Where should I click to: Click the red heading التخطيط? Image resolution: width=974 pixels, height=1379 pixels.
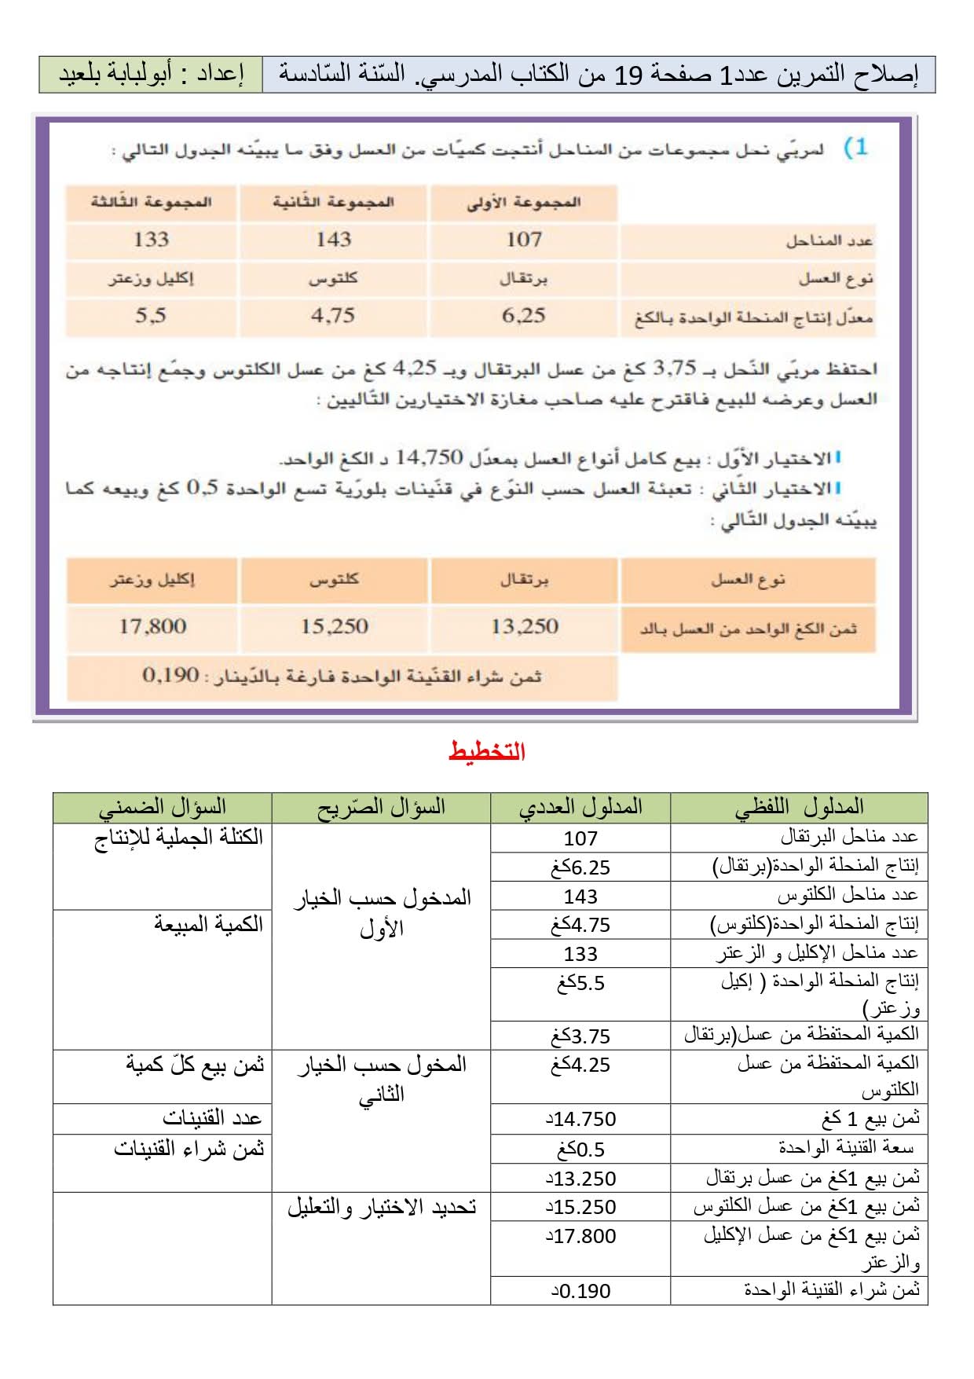coord(487,752)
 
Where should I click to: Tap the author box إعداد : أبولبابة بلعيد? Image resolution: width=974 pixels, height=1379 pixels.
coord(151,75)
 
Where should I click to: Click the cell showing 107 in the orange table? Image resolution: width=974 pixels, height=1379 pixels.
coord(524,240)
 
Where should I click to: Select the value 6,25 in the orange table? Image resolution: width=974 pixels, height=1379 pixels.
coord(524,316)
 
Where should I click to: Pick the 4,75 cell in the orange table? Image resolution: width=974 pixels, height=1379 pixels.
coord(333,316)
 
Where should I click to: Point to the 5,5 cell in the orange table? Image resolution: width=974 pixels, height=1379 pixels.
coord(151,316)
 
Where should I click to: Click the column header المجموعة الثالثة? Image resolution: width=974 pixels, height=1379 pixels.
coord(151,202)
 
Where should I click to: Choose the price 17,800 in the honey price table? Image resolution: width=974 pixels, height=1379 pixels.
coord(152,626)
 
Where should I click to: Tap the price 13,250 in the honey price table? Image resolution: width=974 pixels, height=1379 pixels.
coord(524,626)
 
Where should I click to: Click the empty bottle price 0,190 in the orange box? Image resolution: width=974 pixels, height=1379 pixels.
coord(170,675)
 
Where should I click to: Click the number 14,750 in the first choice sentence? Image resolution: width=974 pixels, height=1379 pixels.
coord(429,457)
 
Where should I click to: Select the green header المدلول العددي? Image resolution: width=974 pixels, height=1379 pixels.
coord(580,807)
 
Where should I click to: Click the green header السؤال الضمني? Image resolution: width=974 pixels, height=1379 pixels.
coord(163,807)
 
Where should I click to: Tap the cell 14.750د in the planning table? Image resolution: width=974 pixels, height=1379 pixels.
coord(580,1119)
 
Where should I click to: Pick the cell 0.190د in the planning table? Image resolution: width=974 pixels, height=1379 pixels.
coord(580,1291)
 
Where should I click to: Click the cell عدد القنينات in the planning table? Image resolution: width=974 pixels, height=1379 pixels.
coord(211,1118)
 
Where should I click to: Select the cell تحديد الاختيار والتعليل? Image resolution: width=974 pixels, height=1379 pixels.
coord(382,1207)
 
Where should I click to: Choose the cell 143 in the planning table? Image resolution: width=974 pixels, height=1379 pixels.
coord(580,897)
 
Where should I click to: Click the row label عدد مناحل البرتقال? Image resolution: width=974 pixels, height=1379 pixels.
coord(849,838)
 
